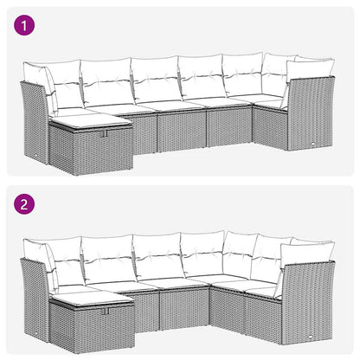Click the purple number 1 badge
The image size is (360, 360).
click(23, 27)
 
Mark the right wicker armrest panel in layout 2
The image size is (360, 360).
click(307, 299)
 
